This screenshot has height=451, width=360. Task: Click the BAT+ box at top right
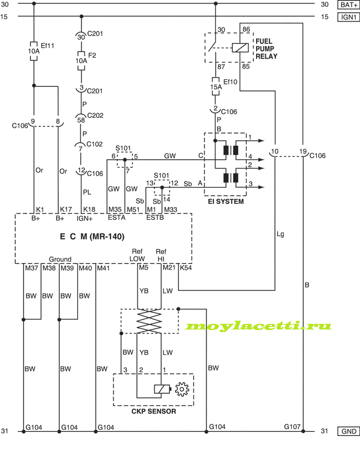click(x=349, y=5)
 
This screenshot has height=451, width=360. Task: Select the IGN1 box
click(x=349, y=18)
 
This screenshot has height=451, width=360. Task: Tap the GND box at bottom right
click(x=349, y=431)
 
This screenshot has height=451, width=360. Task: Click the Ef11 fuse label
click(x=47, y=45)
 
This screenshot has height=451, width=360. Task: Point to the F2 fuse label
click(x=92, y=55)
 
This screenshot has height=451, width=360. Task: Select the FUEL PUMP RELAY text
click(x=266, y=49)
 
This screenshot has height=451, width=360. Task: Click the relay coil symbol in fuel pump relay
click(x=240, y=48)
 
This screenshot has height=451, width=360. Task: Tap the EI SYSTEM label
click(x=226, y=202)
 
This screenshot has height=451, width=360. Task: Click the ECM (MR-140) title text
click(x=92, y=236)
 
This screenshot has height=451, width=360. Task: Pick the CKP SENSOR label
click(x=154, y=411)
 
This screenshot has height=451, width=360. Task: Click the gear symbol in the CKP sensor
click(x=182, y=389)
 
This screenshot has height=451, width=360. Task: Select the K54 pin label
click(x=186, y=268)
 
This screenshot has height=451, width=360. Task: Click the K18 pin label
click(x=89, y=210)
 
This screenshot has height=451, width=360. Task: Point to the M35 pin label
click(x=115, y=210)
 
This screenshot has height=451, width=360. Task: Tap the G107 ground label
click(x=292, y=427)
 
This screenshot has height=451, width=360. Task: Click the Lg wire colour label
click(x=280, y=234)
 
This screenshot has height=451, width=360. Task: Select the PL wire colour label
click(x=87, y=192)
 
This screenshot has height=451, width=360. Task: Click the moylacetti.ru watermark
click(x=258, y=326)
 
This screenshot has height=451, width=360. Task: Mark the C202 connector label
click(x=95, y=115)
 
